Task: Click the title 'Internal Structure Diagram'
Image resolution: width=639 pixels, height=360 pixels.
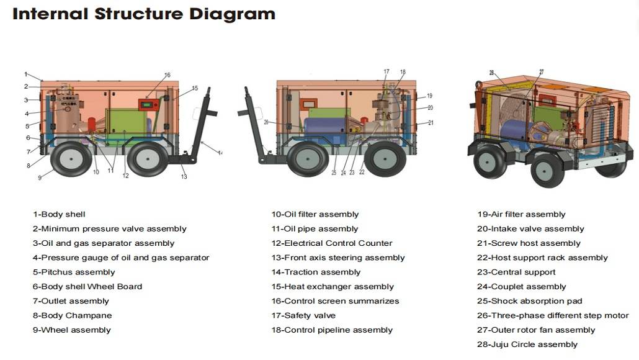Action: pos(143,14)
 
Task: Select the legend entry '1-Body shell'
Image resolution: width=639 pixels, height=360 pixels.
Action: pos(59,214)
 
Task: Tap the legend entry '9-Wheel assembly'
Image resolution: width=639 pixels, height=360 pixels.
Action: pos(71,330)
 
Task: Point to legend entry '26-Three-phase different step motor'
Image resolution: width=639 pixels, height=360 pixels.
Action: pos(552,315)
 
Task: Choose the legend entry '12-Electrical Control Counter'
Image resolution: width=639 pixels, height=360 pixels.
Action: pos(331,243)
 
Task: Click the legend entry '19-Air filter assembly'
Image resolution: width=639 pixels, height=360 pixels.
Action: pos(521,214)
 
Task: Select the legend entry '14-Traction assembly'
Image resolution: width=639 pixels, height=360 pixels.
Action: pos(316,272)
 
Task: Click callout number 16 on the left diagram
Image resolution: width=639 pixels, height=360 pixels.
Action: pos(167,75)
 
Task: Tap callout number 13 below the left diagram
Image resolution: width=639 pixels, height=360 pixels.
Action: pos(184,177)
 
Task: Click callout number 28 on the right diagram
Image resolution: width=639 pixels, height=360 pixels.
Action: pos(491,73)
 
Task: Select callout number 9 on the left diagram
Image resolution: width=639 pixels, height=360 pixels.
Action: pos(40,178)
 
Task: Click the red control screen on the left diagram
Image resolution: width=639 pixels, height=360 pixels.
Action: pos(148,104)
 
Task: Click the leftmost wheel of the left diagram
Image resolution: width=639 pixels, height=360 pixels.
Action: pos(71,159)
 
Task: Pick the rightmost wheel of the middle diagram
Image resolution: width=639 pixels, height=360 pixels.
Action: pos(385,158)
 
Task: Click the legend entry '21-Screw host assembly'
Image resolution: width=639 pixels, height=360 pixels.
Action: pos(529,243)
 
